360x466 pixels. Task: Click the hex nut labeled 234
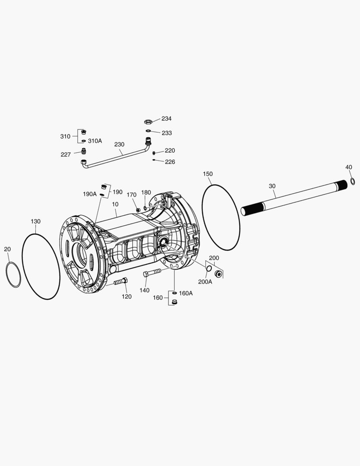pyautogui.click(x=147, y=121)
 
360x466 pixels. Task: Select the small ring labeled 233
pyautogui.click(x=147, y=131)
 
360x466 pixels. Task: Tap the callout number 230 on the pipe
pyautogui.click(x=119, y=145)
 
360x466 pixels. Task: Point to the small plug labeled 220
pyautogui.click(x=154, y=152)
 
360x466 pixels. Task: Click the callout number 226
pyautogui.click(x=170, y=162)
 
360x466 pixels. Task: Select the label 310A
pyautogui.click(x=95, y=141)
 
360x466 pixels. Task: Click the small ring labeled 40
pyautogui.click(x=352, y=180)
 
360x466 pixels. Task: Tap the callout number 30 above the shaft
pyautogui.click(x=272, y=186)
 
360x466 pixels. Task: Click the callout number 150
pyautogui.click(x=208, y=174)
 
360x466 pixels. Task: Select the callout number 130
pyautogui.click(x=35, y=221)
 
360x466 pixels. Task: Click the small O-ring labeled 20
pyautogui.click(x=13, y=275)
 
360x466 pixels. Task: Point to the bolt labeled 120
pyautogui.click(x=119, y=282)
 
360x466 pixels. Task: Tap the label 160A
pyautogui.click(x=186, y=293)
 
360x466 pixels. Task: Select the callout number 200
pyautogui.click(x=214, y=258)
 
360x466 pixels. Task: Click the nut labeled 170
pyautogui.click(x=138, y=210)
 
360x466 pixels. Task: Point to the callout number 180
pyautogui.click(x=146, y=192)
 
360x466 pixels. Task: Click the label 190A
pyautogui.click(x=90, y=194)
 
